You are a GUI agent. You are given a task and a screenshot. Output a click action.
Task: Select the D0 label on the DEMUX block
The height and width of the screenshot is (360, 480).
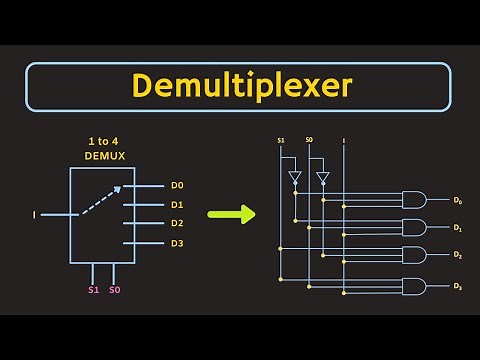(x=177, y=185)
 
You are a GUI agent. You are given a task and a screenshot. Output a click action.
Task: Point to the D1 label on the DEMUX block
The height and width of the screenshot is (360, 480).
(x=177, y=204)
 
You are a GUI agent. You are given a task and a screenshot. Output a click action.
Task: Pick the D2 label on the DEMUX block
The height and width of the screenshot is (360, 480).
(x=177, y=223)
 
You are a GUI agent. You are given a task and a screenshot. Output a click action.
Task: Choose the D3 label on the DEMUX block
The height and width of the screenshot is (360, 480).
(x=177, y=243)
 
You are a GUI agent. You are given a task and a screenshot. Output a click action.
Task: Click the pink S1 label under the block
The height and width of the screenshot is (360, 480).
(x=93, y=290)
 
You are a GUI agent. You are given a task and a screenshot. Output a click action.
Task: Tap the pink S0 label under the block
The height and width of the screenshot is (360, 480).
(x=115, y=290)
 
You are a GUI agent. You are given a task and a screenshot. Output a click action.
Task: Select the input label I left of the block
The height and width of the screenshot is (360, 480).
(x=35, y=214)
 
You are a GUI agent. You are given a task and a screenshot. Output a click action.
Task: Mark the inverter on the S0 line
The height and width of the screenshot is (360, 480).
(x=322, y=178)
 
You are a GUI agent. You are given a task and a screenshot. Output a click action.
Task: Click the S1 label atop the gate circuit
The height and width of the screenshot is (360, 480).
(x=282, y=140)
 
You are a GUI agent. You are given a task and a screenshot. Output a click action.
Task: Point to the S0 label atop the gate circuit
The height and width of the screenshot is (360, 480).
(x=309, y=140)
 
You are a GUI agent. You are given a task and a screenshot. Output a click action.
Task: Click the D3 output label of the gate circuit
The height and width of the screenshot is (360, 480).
(x=457, y=287)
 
